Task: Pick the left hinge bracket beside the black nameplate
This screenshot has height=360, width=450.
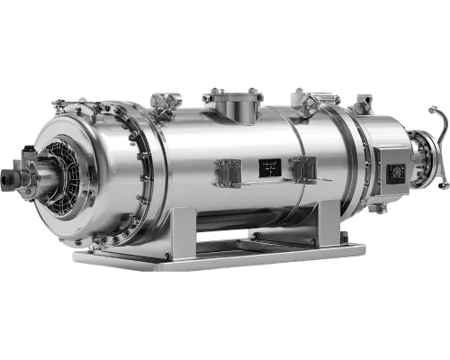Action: coord(229,170)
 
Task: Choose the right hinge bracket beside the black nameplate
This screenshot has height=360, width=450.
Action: coord(302,169)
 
